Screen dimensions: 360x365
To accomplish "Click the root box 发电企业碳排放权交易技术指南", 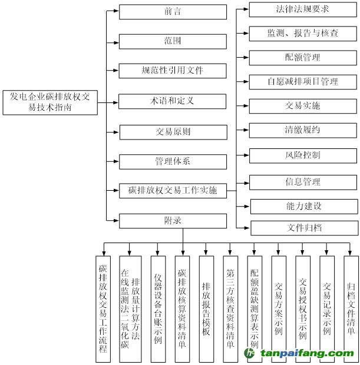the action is tap(50, 102).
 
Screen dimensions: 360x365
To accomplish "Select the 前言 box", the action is tap(173, 12).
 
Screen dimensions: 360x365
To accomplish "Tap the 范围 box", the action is tap(173, 41).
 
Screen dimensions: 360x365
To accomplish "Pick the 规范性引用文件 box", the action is tap(173, 71).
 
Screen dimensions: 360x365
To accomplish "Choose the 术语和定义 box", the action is tap(172, 101).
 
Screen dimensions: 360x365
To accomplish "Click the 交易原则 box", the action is tap(173, 132).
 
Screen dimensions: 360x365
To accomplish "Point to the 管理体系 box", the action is tap(173, 161).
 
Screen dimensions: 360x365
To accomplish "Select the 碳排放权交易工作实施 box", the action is tap(173, 191).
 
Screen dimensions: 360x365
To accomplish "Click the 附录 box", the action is tap(173, 221).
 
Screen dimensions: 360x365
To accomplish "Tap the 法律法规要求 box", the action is tap(303, 9).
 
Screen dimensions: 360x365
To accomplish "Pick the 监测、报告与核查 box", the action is tap(303, 34).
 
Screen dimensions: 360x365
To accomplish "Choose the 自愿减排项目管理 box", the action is tap(303, 82).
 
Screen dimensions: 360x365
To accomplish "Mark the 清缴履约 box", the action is tap(303, 130).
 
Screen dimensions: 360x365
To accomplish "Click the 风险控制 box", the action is tap(303, 156).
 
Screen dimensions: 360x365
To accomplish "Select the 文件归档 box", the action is tap(304, 228).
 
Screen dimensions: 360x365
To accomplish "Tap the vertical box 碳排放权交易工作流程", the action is tap(103, 309).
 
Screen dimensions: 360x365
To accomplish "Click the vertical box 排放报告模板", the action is tap(206, 309).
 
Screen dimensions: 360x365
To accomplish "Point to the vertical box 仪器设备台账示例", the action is tap(158, 309).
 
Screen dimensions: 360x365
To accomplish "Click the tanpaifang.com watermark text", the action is tap(307, 353).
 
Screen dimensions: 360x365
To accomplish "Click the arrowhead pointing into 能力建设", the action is tap(247, 206).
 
